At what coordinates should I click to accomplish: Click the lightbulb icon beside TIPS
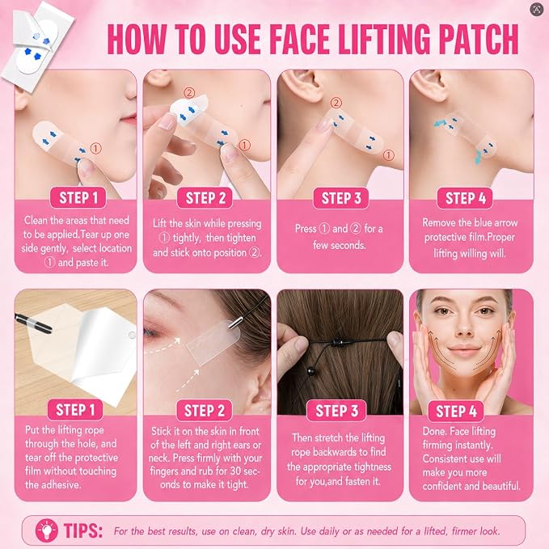(x=47, y=530)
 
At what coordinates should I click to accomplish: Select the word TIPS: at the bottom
(x=83, y=530)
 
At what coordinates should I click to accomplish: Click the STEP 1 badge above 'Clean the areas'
(x=78, y=198)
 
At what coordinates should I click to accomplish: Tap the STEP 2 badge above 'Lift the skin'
(x=205, y=198)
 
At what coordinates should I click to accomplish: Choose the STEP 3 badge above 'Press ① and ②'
(x=341, y=198)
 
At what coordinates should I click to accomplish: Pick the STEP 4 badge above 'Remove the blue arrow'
(x=466, y=198)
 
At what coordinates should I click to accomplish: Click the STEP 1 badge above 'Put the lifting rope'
(x=75, y=410)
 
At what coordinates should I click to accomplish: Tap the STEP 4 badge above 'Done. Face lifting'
(x=456, y=411)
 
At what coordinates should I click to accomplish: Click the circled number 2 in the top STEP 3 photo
(x=336, y=103)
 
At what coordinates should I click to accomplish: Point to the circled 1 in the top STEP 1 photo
(x=96, y=149)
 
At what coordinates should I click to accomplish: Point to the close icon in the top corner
(x=537, y=10)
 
